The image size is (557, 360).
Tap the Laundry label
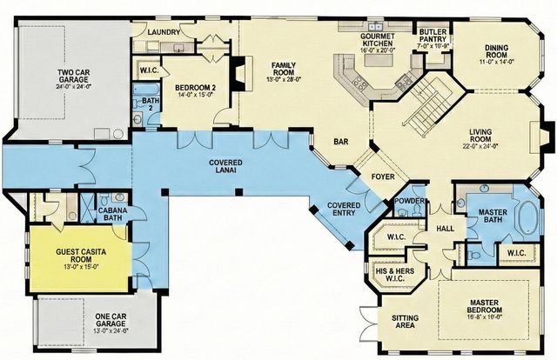point(164,32)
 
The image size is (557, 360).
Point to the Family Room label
point(285,71)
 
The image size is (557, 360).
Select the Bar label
point(341,140)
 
